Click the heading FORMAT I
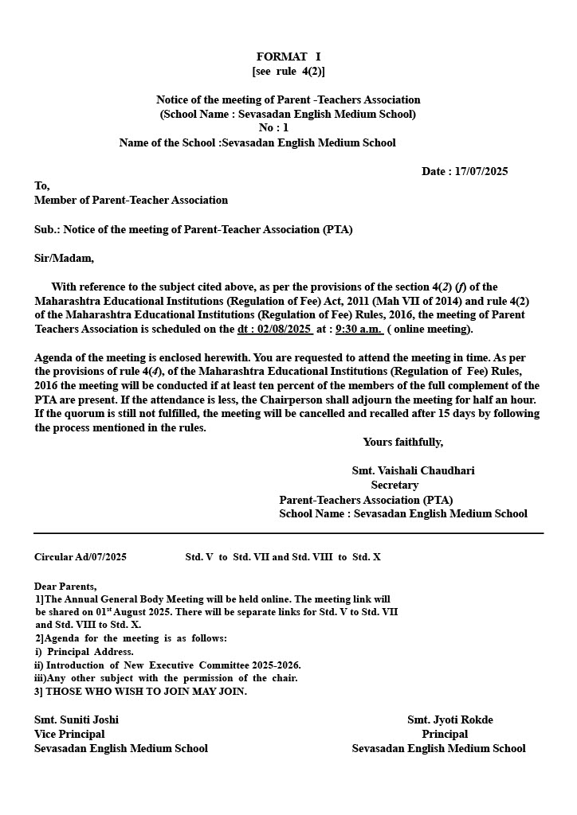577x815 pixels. click(288, 57)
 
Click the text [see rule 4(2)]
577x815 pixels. click(288, 71)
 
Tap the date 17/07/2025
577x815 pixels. click(481, 171)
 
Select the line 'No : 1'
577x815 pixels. click(273, 128)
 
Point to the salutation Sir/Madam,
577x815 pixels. click(64, 258)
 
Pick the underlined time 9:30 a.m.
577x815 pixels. click(359, 329)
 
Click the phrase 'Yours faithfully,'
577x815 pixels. click(403, 442)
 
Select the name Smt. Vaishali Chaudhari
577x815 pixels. click(413, 470)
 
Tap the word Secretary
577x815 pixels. click(394, 485)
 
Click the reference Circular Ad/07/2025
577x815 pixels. click(80, 557)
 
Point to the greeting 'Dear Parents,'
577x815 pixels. click(65, 586)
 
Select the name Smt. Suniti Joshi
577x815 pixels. click(77, 719)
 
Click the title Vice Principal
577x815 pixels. click(69, 734)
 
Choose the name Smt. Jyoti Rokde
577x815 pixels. click(450, 719)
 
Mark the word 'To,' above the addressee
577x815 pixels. click(41, 185)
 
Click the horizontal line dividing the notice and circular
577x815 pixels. click(288, 533)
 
